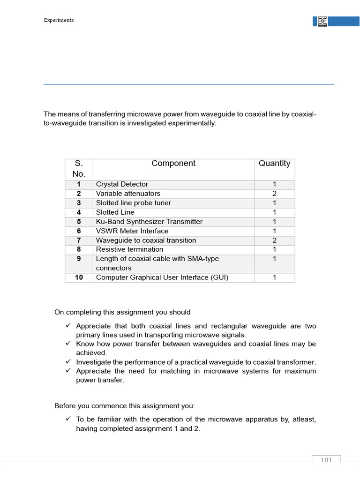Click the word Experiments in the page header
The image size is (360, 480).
[59, 20]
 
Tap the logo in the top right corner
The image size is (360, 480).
[322, 22]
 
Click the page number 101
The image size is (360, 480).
[326, 460]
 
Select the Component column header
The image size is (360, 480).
[173, 164]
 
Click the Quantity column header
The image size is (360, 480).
[274, 164]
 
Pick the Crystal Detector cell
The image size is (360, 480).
[122, 184]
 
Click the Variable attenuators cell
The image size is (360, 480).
[128, 194]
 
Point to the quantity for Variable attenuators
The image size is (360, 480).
[274, 194]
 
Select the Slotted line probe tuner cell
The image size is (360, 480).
[134, 203]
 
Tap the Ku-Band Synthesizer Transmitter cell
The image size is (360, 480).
[149, 222]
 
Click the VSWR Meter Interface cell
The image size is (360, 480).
[132, 231]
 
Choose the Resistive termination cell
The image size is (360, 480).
[129, 249]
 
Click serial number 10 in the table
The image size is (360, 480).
[79, 277]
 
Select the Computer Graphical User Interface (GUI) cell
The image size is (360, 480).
[162, 277]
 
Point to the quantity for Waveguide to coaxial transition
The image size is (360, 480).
[274, 240]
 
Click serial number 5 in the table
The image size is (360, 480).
[79, 222]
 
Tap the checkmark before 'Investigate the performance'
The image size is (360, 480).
[68, 362]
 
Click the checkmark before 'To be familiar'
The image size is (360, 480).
[68, 419]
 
